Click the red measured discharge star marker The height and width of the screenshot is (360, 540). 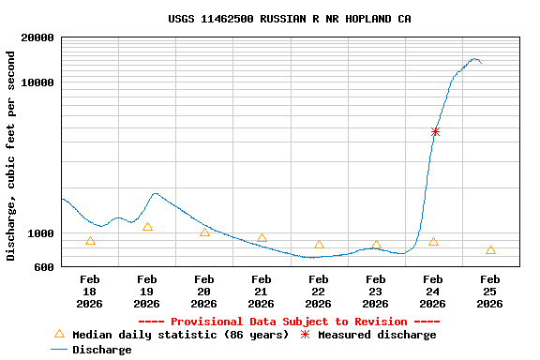click(435, 132)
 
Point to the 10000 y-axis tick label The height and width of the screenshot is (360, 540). click(37, 82)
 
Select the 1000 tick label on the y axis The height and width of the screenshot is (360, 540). click(40, 233)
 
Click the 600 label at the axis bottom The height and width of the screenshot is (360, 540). click(44, 267)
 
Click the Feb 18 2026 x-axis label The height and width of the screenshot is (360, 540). click(90, 292)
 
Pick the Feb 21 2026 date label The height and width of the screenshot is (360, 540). click(262, 292)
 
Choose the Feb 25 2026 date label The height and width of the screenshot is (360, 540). click(490, 292)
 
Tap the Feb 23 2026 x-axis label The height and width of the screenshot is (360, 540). click(376, 292)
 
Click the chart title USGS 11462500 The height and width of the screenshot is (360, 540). click(290, 19)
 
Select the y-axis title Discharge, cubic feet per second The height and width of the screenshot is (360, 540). click(11, 156)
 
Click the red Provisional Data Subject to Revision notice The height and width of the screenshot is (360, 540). click(289, 322)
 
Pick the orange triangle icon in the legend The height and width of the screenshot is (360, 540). click(59, 334)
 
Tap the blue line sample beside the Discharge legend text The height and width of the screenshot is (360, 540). click(59, 350)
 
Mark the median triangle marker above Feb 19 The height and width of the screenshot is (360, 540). click(147, 227)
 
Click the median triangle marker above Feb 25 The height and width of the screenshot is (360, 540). click(490, 250)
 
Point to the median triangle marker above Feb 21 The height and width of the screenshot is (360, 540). click(262, 238)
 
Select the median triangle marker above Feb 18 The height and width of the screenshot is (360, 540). click(90, 241)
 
